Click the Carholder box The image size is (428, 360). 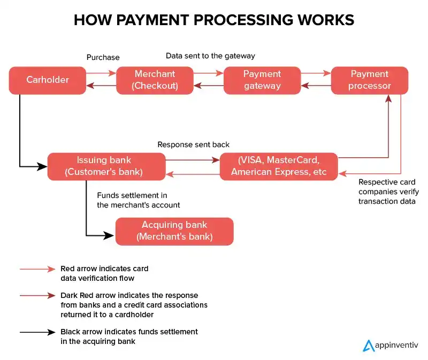pyautogui.click(x=48, y=80)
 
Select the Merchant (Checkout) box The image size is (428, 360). pyautogui.click(x=155, y=80)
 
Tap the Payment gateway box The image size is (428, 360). pyautogui.click(x=262, y=80)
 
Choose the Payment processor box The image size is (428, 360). pyautogui.click(x=370, y=80)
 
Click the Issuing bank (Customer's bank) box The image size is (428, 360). pyautogui.click(x=106, y=166)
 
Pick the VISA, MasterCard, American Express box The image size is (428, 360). pyautogui.click(x=279, y=166)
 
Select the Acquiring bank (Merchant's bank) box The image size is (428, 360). pyautogui.click(x=174, y=231)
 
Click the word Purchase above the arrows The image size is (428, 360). pyautogui.click(x=103, y=57)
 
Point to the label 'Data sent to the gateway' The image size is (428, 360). pyautogui.click(x=210, y=56)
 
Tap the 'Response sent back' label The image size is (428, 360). pyautogui.click(x=194, y=145)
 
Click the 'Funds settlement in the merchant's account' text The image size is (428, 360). pyautogui.click(x=138, y=201)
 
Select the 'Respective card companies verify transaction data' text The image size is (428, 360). pyautogui.click(x=388, y=192)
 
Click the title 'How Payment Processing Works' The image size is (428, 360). pyautogui.click(x=213, y=20)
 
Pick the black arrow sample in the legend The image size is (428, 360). pyautogui.click(x=37, y=332)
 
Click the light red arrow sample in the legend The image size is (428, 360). pyautogui.click(x=37, y=269)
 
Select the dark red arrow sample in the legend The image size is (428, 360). pyautogui.click(x=37, y=295)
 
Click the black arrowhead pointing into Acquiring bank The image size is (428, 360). pyautogui.click(x=111, y=235)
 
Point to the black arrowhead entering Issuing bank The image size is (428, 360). pyautogui.click(x=43, y=166)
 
